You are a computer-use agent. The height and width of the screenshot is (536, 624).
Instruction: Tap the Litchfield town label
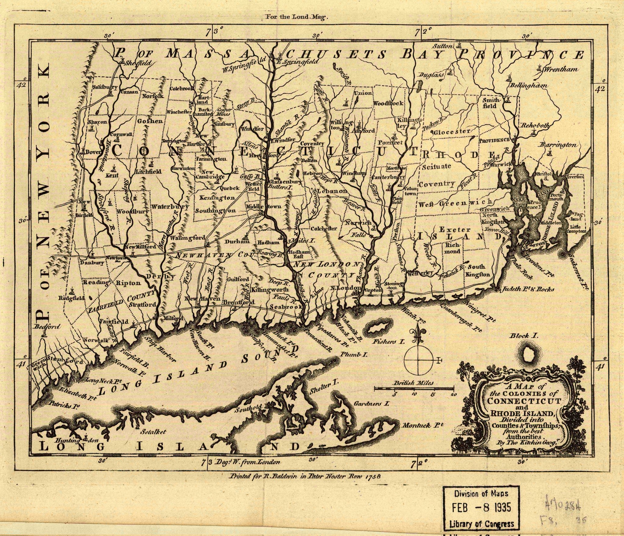[x=149, y=171]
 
